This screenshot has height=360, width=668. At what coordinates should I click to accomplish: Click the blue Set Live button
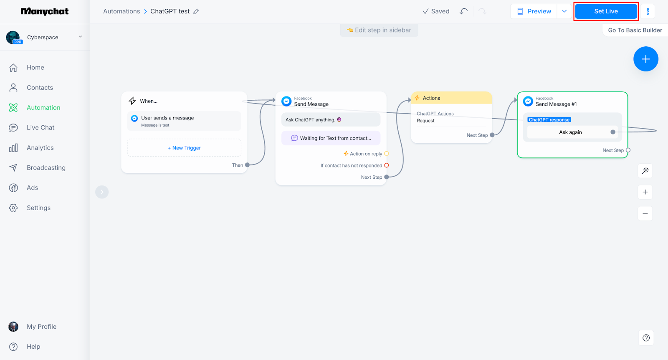click(606, 11)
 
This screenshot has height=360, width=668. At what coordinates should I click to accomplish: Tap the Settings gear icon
click(13, 208)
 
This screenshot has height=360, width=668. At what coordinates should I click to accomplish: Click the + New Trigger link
click(184, 148)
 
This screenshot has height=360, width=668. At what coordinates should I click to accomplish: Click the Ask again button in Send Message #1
click(570, 132)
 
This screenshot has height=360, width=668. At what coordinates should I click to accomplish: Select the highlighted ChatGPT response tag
click(549, 119)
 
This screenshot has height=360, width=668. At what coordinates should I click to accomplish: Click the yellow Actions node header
click(451, 98)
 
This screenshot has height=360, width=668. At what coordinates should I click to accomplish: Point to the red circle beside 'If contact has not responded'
click(387, 165)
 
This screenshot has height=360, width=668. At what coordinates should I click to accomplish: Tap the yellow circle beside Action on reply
click(387, 154)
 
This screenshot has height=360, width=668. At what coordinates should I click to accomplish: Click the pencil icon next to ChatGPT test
click(196, 12)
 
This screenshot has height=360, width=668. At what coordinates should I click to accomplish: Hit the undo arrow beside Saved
click(464, 11)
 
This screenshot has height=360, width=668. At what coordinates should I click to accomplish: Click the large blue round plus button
click(645, 59)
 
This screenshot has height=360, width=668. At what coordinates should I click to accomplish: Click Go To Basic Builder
click(635, 30)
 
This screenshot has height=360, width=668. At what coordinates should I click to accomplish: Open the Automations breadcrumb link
click(121, 11)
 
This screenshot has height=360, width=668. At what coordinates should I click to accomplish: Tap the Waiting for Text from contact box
click(331, 138)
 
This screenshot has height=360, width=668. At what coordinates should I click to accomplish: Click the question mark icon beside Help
click(13, 347)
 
